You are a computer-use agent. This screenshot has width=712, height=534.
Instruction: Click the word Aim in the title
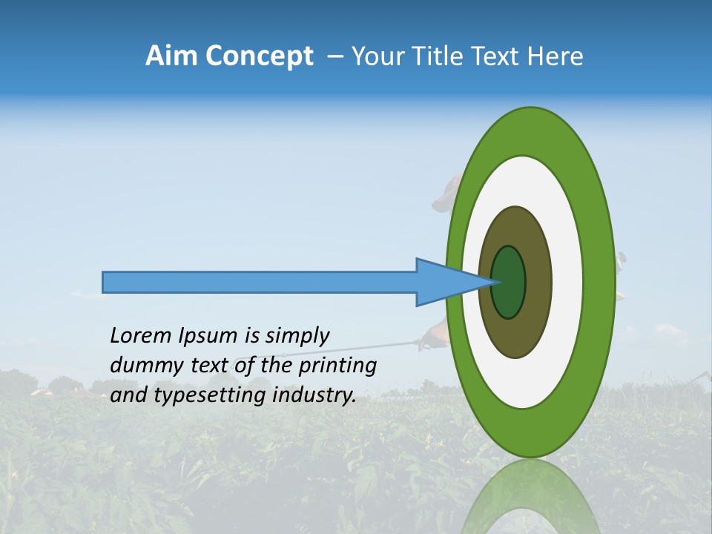[x=171, y=56]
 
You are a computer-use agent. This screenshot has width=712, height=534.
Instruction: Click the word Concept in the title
[x=259, y=56]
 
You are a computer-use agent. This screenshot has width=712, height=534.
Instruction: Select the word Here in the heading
[x=556, y=56]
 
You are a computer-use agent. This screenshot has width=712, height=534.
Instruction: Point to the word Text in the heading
[x=498, y=56]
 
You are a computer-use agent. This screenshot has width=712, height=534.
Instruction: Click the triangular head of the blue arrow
[x=445, y=283]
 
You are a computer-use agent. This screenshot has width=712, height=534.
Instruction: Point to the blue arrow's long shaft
[x=260, y=283]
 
